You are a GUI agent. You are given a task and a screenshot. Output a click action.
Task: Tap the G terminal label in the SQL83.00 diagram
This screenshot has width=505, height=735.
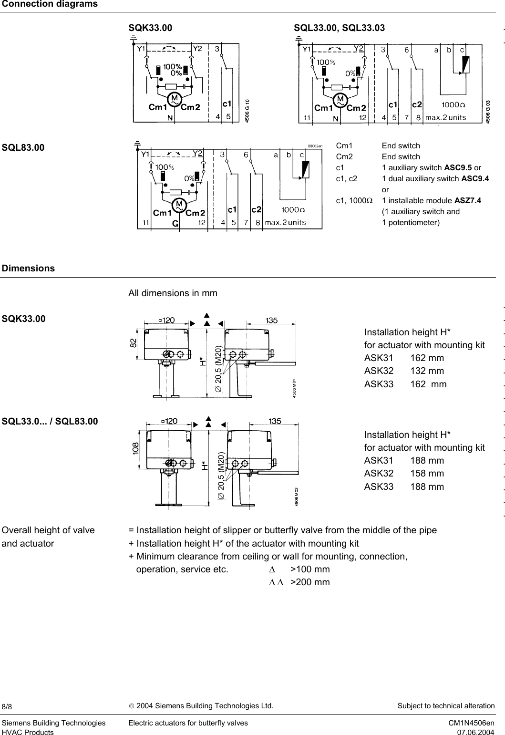(x=175, y=223)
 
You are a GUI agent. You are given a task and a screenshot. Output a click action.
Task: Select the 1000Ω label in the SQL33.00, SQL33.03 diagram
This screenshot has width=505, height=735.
(x=453, y=104)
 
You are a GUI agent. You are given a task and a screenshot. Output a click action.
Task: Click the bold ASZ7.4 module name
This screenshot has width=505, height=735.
(x=468, y=200)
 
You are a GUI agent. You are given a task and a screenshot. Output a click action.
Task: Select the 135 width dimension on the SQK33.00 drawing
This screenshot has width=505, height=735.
(x=272, y=321)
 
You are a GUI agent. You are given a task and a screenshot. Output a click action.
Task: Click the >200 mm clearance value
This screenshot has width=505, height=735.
(x=310, y=582)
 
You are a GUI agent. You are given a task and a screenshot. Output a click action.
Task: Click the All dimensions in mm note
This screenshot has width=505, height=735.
(x=173, y=293)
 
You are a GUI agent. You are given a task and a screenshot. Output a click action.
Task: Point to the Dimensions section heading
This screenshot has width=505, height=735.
(x=29, y=268)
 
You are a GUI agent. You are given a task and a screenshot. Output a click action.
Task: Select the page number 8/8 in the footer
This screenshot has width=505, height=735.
(x=7, y=706)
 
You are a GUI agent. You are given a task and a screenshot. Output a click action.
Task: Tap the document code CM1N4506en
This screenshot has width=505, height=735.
(x=471, y=723)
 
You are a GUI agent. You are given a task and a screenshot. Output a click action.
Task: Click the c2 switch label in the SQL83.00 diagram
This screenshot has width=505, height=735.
(x=257, y=209)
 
